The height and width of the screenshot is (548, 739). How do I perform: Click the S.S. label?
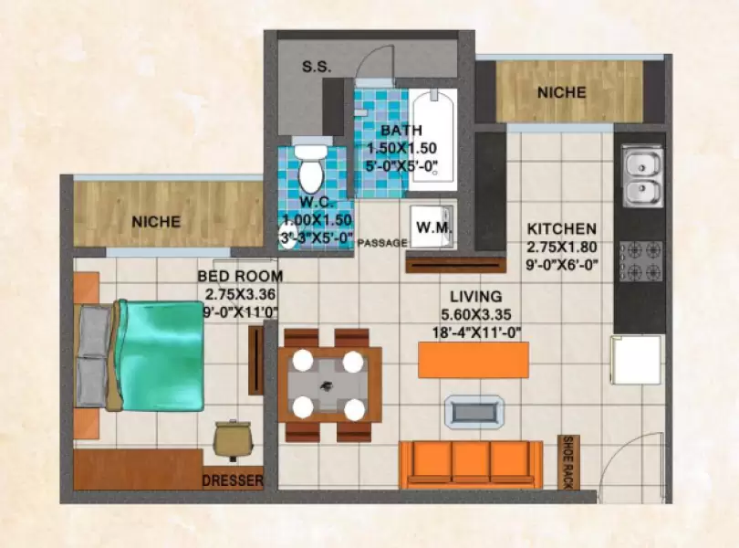pyautogui.click(x=317, y=68)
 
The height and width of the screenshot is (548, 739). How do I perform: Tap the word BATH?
pyautogui.click(x=401, y=130)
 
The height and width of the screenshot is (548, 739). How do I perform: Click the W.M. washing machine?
pyautogui.click(x=431, y=226)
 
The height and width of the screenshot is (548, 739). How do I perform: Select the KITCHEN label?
pyautogui.click(x=561, y=228)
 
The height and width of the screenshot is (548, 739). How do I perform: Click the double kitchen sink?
pyautogui.click(x=642, y=178)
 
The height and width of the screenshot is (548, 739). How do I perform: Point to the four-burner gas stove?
pyautogui.click(x=641, y=260)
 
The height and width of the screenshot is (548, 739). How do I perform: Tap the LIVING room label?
pyautogui.click(x=475, y=296)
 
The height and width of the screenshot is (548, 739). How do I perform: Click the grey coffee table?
pyautogui.click(x=472, y=410)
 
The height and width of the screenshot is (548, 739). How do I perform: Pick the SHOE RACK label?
pyautogui.click(x=567, y=464)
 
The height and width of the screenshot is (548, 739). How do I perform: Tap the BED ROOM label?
pyautogui.click(x=239, y=276)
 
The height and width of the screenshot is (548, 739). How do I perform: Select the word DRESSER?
pyautogui.click(x=233, y=480)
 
